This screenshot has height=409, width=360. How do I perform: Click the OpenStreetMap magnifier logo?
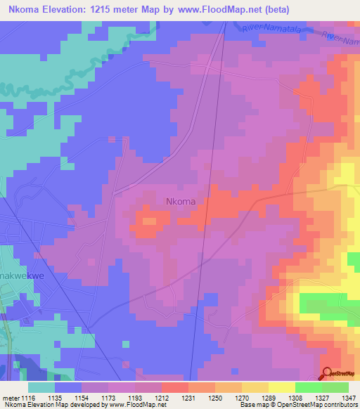tap(328, 373)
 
